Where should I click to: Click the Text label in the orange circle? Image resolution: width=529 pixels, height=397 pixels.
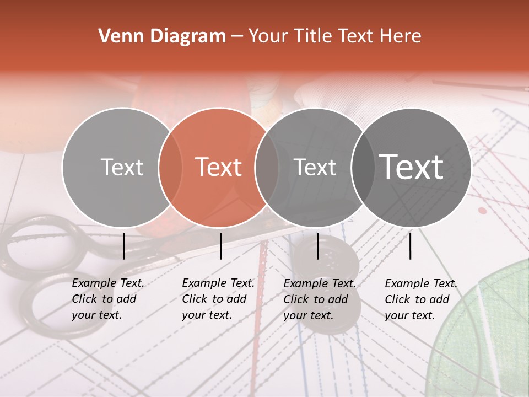click(219, 167)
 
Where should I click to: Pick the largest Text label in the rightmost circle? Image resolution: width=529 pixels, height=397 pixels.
click(412, 167)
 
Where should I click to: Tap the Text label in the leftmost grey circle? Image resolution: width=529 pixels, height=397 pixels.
click(122, 167)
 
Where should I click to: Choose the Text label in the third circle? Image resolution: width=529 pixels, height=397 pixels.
click(315, 167)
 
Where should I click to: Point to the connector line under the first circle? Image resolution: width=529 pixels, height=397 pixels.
click(123, 246)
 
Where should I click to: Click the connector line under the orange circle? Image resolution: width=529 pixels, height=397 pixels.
click(220, 246)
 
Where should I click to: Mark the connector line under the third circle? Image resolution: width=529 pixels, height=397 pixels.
click(318, 246)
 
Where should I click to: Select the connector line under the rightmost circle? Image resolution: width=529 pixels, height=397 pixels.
click(411, 246)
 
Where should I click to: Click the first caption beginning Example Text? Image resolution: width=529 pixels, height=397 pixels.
click(107, 299)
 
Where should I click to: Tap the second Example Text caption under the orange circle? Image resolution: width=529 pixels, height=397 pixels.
click(218, 299)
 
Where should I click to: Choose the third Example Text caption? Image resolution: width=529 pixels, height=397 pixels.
click(319, 299)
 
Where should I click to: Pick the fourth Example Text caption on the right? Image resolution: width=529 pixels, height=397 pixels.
click(420, 299)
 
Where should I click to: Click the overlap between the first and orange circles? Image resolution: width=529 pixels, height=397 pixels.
click(170, 167)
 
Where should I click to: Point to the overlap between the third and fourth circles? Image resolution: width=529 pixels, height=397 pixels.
click(362, 167)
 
